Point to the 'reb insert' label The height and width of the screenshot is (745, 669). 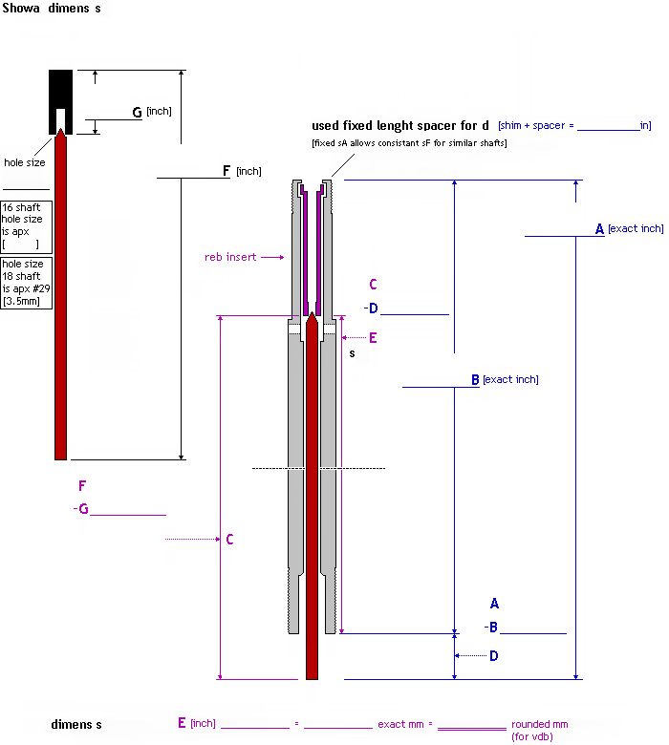230,257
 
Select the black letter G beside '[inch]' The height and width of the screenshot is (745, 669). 137,113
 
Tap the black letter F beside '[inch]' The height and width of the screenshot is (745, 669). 227,171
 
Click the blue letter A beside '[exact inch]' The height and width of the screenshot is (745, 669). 599,229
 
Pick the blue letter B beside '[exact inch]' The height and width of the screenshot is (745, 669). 475,380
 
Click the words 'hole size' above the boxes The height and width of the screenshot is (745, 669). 24,163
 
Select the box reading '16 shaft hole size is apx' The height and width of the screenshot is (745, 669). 27,225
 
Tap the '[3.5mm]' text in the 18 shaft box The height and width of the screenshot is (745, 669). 21,302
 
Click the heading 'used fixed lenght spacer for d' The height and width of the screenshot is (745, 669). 400,126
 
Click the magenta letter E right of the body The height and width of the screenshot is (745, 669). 373,338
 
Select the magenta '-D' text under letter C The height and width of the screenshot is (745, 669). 372,308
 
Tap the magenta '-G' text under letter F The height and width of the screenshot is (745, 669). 82,509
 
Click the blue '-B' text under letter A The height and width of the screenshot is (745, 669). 491,628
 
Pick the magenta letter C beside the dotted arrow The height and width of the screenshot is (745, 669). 229,540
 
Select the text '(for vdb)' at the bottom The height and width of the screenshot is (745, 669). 531,736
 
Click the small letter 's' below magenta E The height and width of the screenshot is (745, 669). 352,353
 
